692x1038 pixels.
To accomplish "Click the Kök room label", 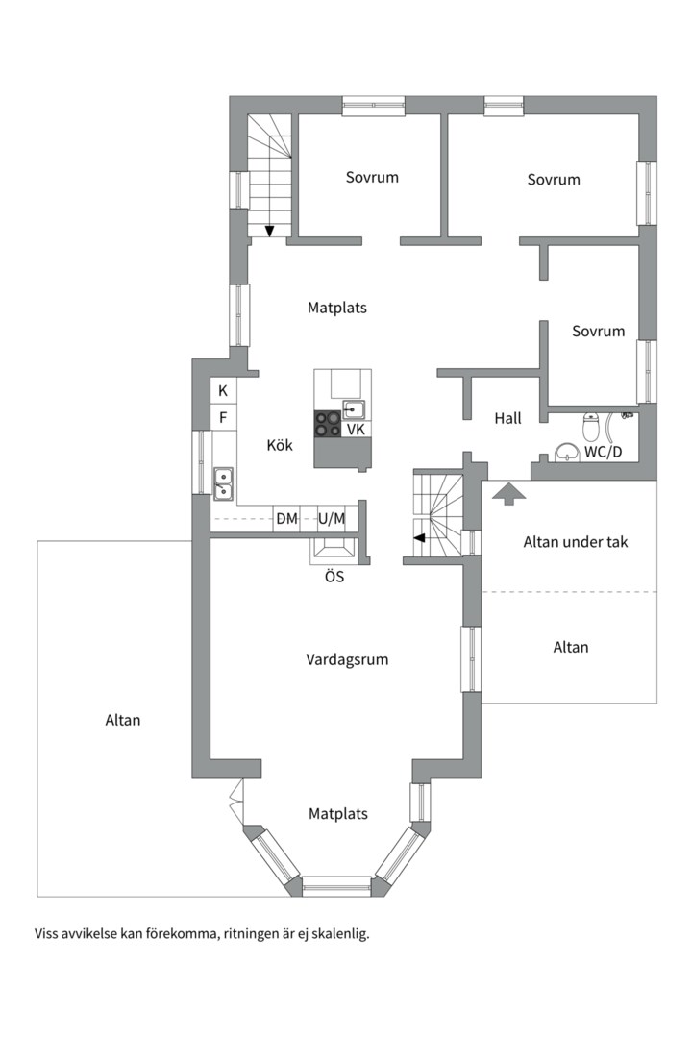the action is pos(280,445).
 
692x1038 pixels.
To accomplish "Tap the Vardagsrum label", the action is pos(347,659).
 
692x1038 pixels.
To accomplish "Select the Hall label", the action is pos(507,418).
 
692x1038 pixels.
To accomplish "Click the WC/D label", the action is pos(603,453).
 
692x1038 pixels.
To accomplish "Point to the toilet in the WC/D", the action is pos(591,426).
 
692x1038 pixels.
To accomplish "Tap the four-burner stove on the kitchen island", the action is pos(328,425).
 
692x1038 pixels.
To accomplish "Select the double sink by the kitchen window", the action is pos(223,483).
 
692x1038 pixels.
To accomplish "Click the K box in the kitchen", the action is pos(223,390).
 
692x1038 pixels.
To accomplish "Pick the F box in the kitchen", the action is pos(223,418).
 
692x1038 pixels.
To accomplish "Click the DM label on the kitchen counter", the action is pos(286,518).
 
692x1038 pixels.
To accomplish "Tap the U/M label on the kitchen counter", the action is pos(332,518).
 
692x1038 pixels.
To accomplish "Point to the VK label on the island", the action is pos(357,430).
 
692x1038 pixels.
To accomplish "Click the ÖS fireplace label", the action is pos(334,577).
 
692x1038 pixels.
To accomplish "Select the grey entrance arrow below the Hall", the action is pos(509,493).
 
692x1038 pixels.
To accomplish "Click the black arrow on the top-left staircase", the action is pos(269,231).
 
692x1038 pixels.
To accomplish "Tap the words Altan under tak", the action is pos(576,542).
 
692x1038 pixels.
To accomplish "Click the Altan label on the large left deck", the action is pos(123,720).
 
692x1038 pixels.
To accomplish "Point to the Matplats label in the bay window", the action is pos(337,814).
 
